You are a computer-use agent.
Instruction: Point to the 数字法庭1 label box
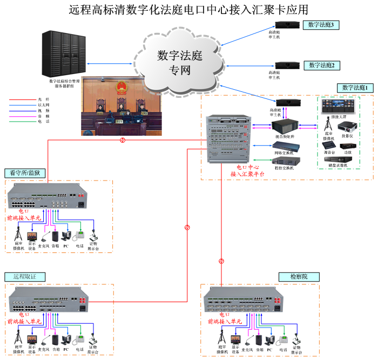355,88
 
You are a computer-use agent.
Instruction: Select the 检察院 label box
299,277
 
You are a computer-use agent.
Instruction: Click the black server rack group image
64,54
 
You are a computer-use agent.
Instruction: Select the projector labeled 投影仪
347,127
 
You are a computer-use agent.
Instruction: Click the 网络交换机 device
283,145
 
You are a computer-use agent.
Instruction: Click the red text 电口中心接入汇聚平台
247,171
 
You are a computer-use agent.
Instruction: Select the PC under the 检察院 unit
268,339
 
